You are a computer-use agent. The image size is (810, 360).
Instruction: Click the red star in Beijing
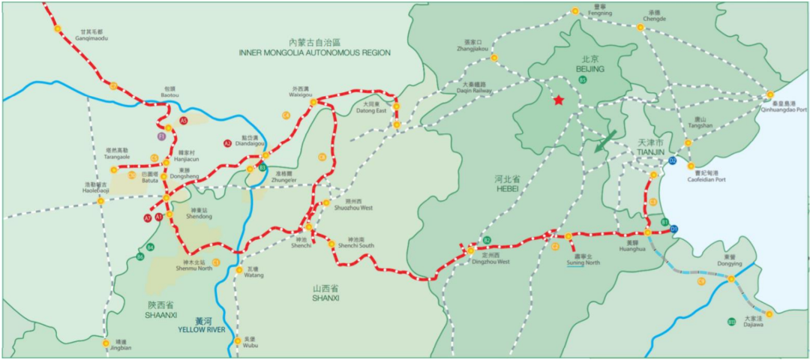tap(558, 100)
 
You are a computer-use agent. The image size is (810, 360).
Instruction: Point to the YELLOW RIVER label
tap(202, 328)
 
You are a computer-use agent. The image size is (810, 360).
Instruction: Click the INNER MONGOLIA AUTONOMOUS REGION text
tap(315, 52)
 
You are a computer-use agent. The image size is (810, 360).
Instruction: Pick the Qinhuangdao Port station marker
tap(769, 94)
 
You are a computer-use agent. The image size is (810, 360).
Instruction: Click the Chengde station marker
tap(640, 27)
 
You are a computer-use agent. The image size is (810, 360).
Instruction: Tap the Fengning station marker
tap(574, 11)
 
